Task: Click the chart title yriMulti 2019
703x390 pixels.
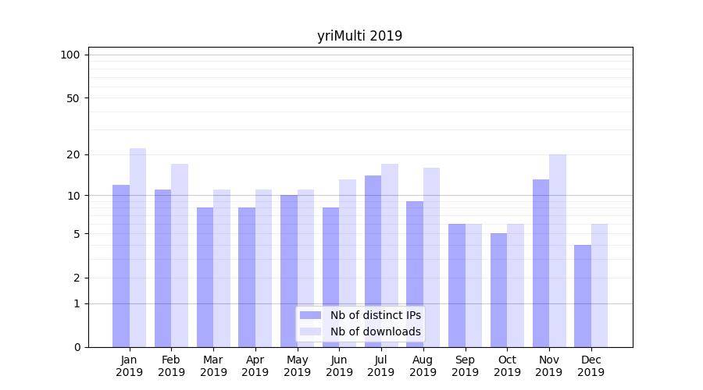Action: click(x=359, y=36)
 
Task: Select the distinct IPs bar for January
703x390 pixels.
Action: click(x=121, y=265)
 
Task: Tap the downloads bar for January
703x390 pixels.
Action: click(x=138, y=247)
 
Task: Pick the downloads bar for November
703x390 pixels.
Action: click(x=558, y=250)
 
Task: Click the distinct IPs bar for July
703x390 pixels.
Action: click(x=373, y=261)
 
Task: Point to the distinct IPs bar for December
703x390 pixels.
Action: click(x=583, y=296)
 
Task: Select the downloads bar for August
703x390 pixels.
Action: click(x=432, y=257)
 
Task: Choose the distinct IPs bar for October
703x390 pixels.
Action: click(x=499, y=290)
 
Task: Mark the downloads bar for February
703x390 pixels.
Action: click(x=180, y=255)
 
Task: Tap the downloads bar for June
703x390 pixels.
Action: click(x=348, y=263)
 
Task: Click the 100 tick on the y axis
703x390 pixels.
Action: click(x=70, y=55)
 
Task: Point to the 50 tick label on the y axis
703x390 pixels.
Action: click(x=73, y=98)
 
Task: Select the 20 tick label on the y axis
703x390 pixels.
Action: click(x=73, y=154)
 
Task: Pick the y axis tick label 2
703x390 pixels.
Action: click(x=77, y=278)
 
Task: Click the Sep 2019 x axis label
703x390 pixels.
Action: click(x=465, y=366)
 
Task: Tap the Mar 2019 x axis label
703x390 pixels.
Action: click(x=213, y=366)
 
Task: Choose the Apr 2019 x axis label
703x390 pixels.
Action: click(x=255, y=366)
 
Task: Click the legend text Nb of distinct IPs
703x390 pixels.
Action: click(x=376, y=315)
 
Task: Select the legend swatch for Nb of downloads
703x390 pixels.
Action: click(x=311, y=331)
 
